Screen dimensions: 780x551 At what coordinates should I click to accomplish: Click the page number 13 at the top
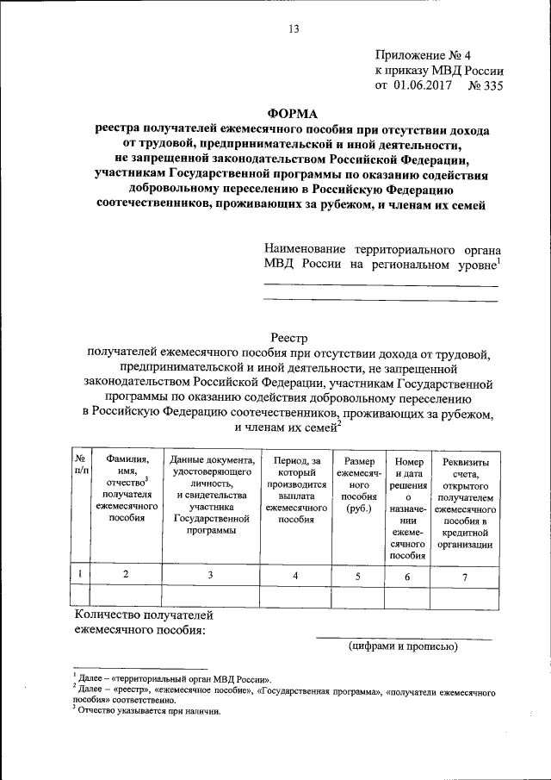tap(293, 29)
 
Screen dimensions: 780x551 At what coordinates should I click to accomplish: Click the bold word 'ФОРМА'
tap(292, 113)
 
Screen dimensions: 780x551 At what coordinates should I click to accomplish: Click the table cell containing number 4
tap(296, 576)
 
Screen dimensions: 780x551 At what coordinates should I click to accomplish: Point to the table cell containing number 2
tap(127, 575)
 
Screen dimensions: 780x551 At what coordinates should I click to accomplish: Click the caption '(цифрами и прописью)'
tap(404, 646)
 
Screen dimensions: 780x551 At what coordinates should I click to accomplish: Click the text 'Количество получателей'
tap(143, 615)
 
